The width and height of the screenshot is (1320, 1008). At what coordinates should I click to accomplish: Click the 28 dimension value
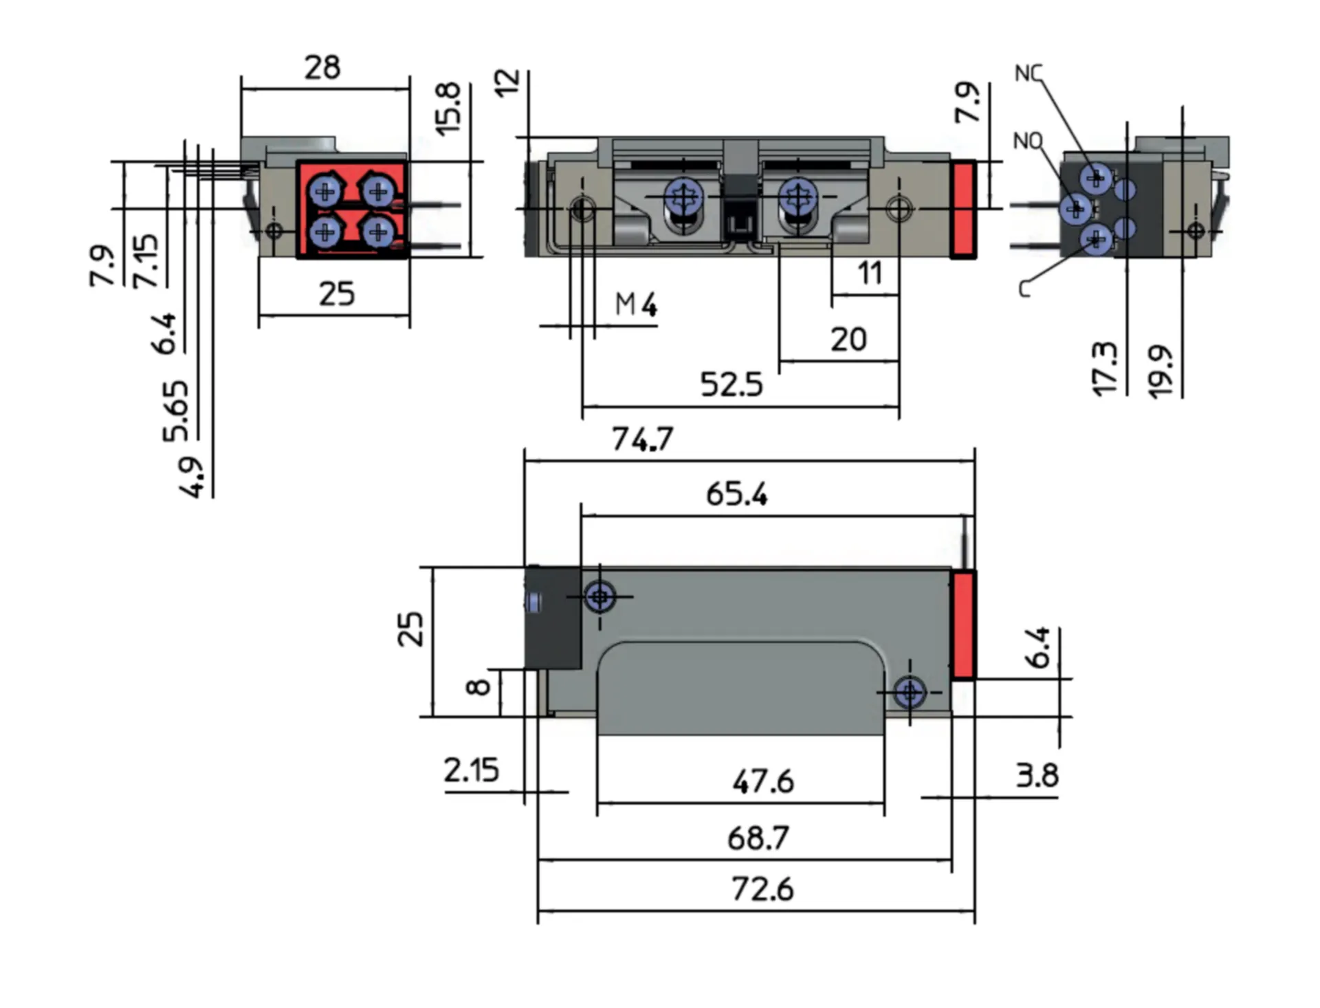(x=322, y=67)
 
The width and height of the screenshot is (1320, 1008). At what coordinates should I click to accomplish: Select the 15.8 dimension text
(x=448, y=109)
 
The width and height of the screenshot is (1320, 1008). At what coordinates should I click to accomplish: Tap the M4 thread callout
(x=636, y=304)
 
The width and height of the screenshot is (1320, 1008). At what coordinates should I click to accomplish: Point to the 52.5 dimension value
(x=731, y=385)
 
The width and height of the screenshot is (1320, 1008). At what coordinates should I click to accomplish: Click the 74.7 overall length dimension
(x=642, y=439)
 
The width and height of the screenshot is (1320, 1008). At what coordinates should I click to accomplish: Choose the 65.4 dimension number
(x=736, y=494)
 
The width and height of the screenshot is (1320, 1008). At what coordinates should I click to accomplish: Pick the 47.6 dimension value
(x=762, y=781)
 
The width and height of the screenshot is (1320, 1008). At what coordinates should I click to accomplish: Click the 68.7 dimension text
(x=758, y=838)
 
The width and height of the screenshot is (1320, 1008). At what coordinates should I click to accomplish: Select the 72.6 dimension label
(x=762, y=889)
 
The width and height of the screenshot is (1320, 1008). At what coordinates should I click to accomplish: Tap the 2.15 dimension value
(x=472, y=770)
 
